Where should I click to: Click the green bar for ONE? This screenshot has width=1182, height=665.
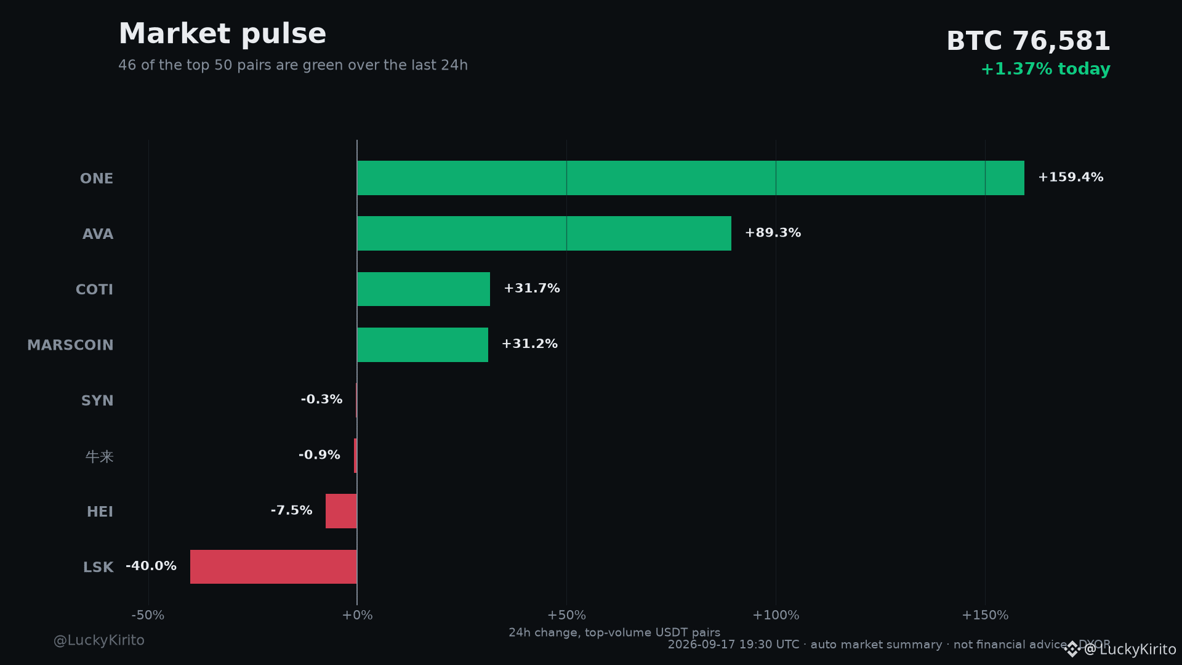[691, 178]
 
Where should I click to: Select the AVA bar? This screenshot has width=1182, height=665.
[544, 233]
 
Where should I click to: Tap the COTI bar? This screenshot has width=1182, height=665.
[424, 289]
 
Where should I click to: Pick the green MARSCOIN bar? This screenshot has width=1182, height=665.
[423, 345]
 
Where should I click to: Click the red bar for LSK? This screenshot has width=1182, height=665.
[273, 566]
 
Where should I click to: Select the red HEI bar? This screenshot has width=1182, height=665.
[341, 511]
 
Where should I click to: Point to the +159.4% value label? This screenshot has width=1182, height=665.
[1071, 177]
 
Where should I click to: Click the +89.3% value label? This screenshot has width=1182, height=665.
[773, 233]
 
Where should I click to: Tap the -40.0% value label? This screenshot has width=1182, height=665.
[151, 566]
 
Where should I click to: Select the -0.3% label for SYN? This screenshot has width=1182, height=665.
[321, 400]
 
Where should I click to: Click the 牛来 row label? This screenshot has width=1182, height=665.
[100, 457]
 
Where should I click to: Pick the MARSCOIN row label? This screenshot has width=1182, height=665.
[70, 345]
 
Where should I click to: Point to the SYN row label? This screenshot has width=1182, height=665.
[97, 401]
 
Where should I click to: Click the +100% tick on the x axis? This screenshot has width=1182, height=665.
[776, 615]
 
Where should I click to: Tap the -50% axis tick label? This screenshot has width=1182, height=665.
[148, 615]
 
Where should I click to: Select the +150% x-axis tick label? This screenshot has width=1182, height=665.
[985, 615]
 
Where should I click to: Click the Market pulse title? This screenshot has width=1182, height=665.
[222, 34]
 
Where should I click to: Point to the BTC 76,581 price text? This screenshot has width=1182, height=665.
[1028, 41]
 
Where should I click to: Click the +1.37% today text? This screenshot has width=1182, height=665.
[1045, 69]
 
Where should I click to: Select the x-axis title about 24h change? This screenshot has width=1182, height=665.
[614, 632]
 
